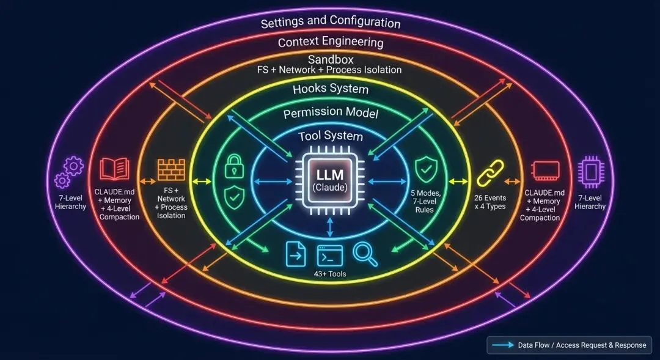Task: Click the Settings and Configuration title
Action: (x=330, y=22)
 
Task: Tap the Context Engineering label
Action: (x=330, y=42)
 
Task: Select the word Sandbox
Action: (x=330, y=59)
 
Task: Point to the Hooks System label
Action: (x=330, y=89)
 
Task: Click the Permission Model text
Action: (x=330, y=113)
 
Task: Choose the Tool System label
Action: (x=330, y=136)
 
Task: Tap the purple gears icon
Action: (x=68, y=172)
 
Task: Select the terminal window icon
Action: (x=330, y=254)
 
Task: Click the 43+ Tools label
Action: (x=329, y=274)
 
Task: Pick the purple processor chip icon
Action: (x=590, y=171)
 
